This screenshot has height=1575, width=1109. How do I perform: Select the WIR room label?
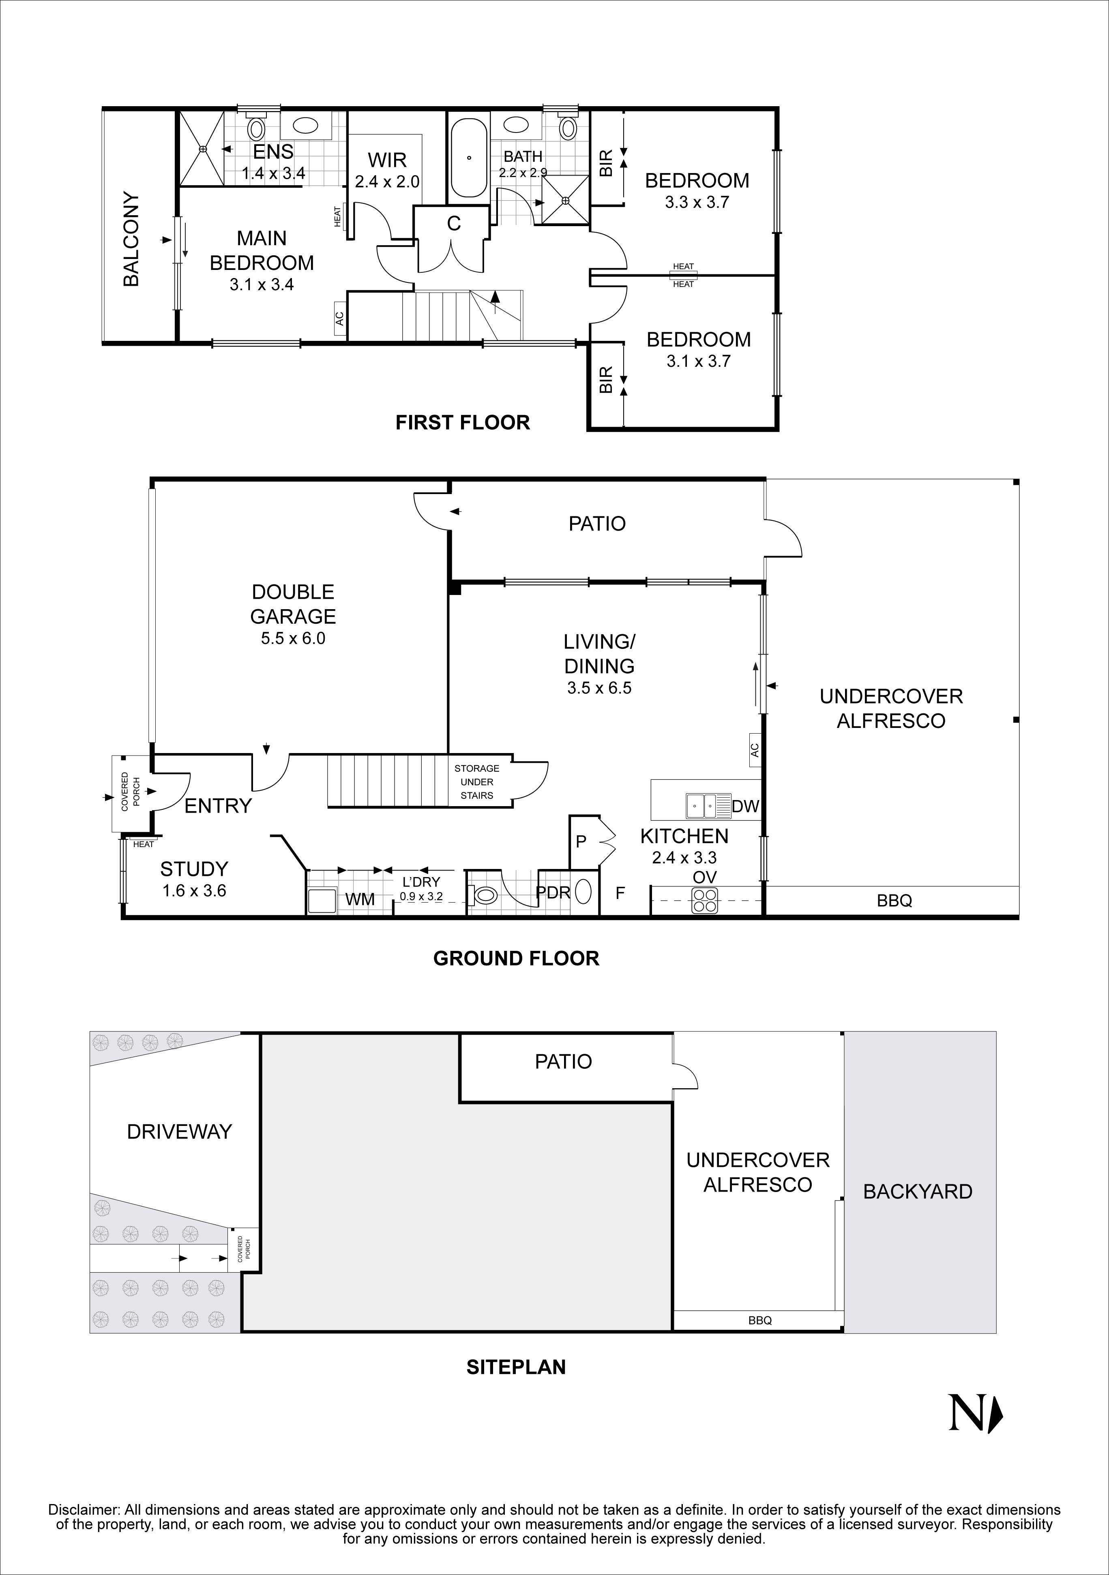click(x=387, y=160)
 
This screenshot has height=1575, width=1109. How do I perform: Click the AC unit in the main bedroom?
click(x=339, y=319)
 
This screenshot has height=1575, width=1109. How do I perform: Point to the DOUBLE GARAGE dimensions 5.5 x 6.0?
click(x=293, y=639)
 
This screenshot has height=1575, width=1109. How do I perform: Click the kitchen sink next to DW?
click(x=701, y=806)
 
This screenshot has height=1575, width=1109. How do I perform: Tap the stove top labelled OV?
click(x=705, y=900)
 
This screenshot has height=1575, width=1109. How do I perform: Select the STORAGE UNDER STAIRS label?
click(x=477, y=781)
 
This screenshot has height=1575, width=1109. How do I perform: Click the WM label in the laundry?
click(x=360, y=899)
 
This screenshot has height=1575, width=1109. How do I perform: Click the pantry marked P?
click(x=581, y=842)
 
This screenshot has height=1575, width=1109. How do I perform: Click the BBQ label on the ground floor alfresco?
click(x=894, y=901)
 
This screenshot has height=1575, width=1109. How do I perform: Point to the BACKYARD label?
click(x=918, y=1192)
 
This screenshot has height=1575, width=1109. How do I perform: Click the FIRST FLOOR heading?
click(x=463, y=423)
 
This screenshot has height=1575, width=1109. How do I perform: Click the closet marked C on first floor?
click(x=454, y=224)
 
